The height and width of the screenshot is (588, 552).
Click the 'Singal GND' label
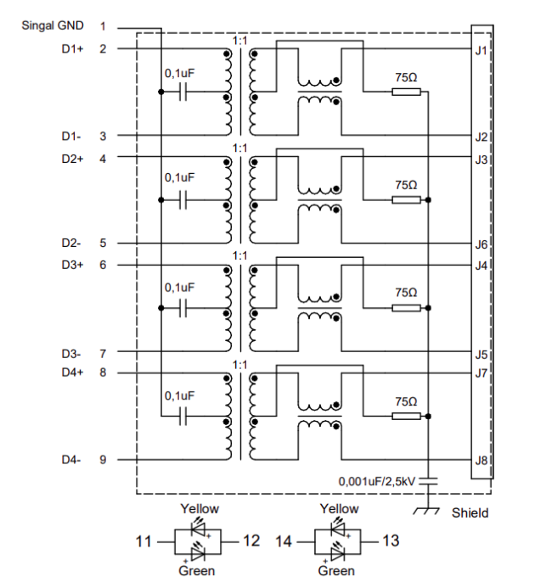pyautogui.click(x=53, y=26)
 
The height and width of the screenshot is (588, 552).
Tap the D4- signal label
pyautogui.click(x=71, y=460)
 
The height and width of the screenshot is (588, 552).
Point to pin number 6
pyautogui.click(x=103, y=265)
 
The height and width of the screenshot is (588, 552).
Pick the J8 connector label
pyautogui.click(x=481, y=461)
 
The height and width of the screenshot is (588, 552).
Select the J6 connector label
pyautogui.click(x=481, y=244)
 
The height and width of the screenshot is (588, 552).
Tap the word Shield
pyautogui.click(x=470, y=512)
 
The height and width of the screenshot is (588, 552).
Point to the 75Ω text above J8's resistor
pyautogui.click(x=407, y=400)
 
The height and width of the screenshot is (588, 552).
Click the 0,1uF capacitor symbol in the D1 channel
pyautogui.click(x=181, y=92)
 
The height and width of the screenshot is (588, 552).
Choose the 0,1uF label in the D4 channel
pyautogui.click(x=180, y=395)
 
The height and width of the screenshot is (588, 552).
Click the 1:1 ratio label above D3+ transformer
pyautogui.click(x=239, y=255)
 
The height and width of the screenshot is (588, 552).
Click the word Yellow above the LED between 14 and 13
pyautogui.click(x=339, y=509)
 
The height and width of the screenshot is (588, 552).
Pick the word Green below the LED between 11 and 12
pyautogui.click(x=196, y=571)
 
